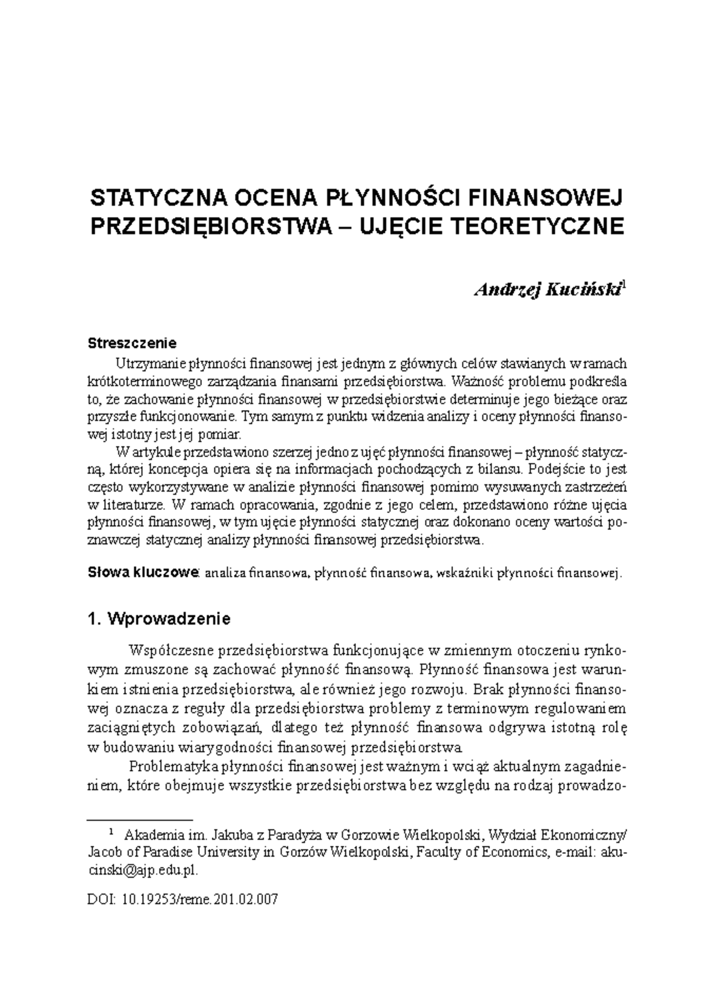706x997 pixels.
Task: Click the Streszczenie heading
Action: tap(132, 342)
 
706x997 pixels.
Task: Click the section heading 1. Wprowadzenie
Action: tap(158, 619)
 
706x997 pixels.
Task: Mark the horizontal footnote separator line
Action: tap(139, 819)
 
